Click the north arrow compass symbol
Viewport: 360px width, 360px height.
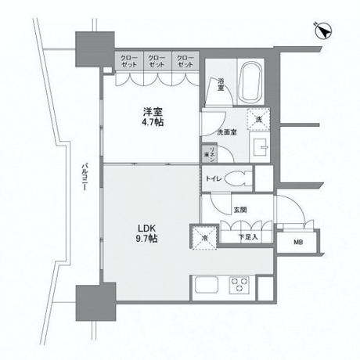coord(322,30)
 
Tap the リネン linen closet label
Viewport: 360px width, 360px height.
coord(211,154)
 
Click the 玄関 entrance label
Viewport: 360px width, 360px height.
coord(239,210)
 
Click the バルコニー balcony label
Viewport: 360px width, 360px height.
coord(84,181)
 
